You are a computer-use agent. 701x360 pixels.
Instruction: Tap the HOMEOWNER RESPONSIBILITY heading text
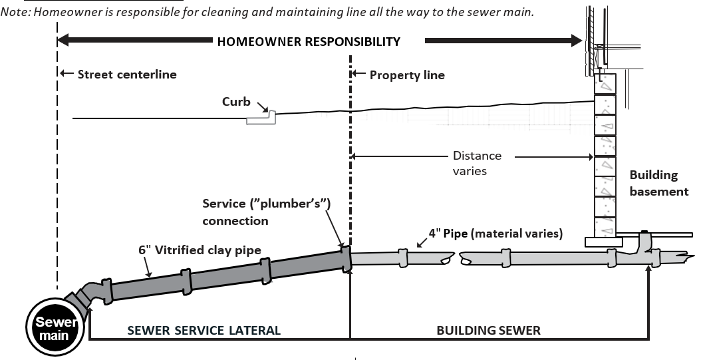309,41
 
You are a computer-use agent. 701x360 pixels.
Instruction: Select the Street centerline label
126,75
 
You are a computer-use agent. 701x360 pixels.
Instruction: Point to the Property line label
406,75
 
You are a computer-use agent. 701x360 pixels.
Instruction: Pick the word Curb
236,102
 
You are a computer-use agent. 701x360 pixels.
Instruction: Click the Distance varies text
477,163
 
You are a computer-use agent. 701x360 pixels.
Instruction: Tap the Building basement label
658,183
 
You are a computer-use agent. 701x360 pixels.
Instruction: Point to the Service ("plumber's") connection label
266,212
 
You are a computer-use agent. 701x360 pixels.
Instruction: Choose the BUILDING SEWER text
488,331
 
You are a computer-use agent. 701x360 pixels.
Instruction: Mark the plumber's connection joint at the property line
345,259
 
